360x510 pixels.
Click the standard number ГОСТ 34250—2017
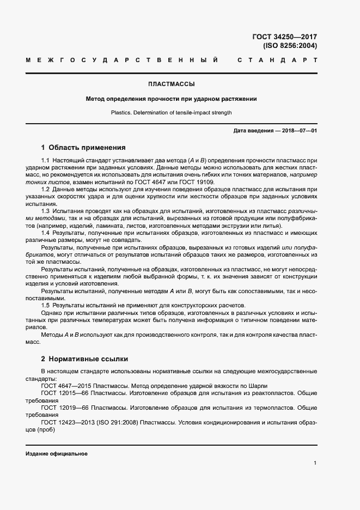click(284, 37)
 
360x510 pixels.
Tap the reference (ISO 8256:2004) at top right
click(289, 46)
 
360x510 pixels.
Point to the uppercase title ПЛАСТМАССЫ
click(172, 84)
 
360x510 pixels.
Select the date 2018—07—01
click(298, 131)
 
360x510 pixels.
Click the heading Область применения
click(87, 147)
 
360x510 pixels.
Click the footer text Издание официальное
click(57, 454)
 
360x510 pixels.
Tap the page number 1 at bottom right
click(315, 463)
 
